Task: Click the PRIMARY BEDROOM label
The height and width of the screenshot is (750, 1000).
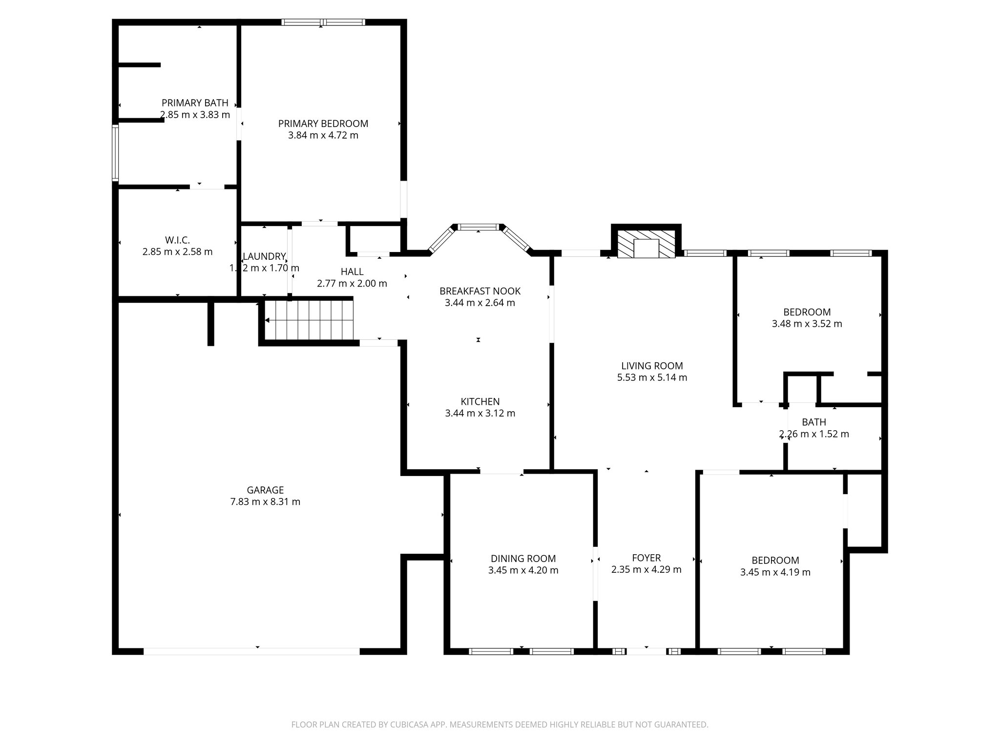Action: tap(323, 124)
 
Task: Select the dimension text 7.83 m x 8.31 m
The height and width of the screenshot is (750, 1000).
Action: tap(265, 501)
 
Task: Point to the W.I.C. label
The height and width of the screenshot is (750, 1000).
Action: tap(177, 240)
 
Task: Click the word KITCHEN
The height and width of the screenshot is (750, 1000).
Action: tap(480, 401)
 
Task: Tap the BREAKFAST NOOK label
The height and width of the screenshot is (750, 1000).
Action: tap(480, 291)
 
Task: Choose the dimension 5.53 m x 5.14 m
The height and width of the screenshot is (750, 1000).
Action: tap(652, 377)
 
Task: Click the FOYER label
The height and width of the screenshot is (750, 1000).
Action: tap(646, 558)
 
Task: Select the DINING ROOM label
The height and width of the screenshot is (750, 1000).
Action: tap(523, 558)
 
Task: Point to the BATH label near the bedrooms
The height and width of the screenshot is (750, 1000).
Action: tap(813, 422)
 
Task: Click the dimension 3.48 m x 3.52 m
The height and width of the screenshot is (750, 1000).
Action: tap(807, 324)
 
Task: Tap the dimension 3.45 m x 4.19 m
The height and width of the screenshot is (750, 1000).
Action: tap(775, 572)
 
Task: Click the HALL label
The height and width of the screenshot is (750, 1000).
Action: tap(352, 271)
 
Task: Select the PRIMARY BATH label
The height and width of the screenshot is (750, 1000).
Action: tap(195, 103)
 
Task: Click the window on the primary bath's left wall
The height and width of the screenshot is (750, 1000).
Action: tap(115, 152)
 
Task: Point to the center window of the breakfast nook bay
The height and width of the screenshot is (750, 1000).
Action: tap(479, 227)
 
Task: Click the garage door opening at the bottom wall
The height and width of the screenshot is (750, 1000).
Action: tap(251, 651)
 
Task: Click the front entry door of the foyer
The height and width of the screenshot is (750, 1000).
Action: tap(646, 651)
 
